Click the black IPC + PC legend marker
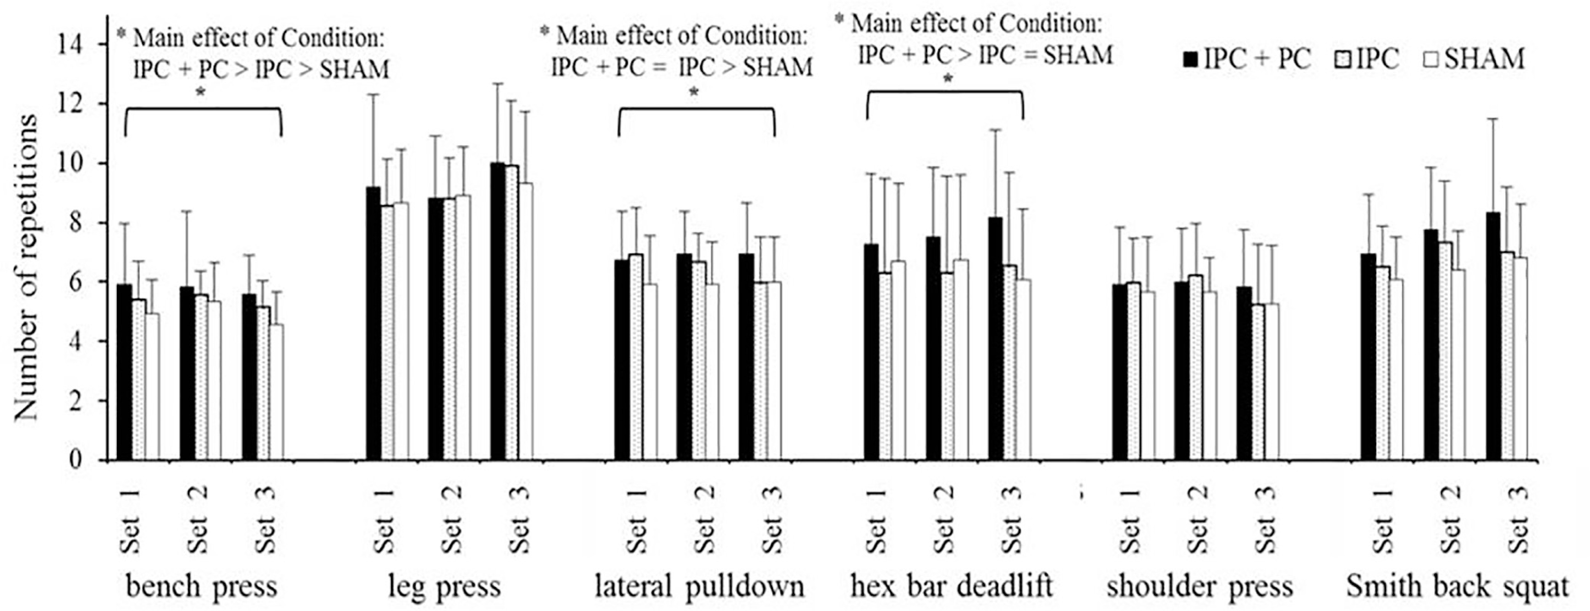pos(1190,60)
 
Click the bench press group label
pos(201,586)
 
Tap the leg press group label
pos(444,586)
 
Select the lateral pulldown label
pos(699,586)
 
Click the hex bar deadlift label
pos(951,586)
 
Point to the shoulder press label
pos(1199,586)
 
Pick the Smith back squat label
pos(1457,586)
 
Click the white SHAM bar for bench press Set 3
pos(276,393)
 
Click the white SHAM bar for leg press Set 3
pos(525,322)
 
